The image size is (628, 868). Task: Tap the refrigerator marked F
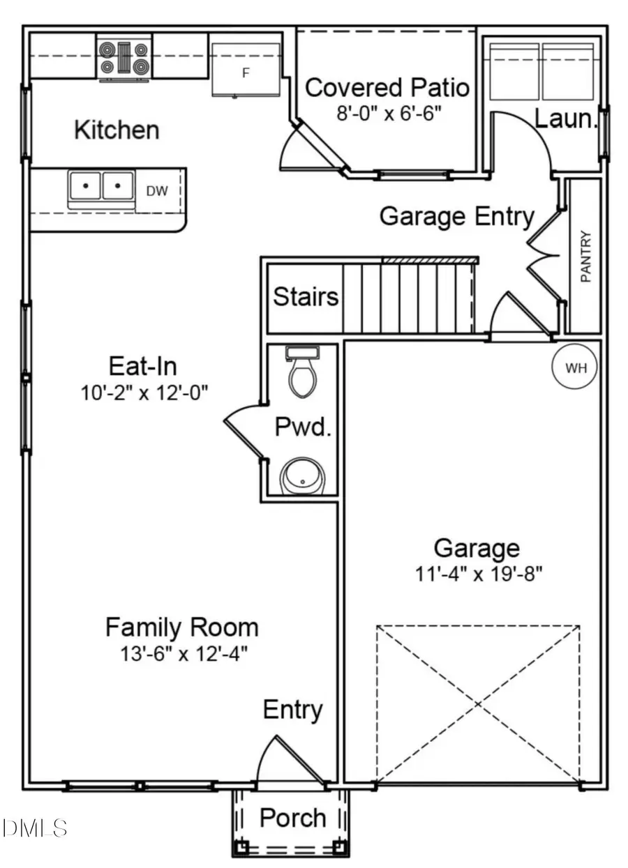[x=246, y=70]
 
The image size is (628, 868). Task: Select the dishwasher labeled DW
[x=157, y=190]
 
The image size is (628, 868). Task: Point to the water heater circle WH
[x=576, y=368]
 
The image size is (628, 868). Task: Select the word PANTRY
[x=585, y=257]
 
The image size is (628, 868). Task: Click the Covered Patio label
[x=387, y=88]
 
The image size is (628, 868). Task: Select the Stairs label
[x=306, y=296]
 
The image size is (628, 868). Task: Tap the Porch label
[x=292, y=818]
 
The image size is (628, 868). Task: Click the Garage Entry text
[x=456, y=217]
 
